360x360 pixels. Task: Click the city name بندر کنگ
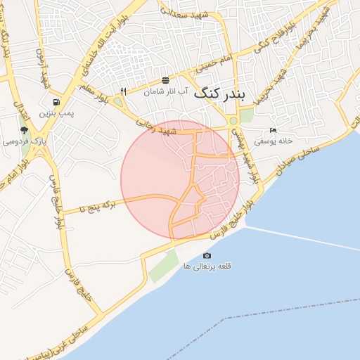pos(219,93)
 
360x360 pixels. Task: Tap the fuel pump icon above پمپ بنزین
pos(56,102)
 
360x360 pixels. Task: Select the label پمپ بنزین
pos(56,112)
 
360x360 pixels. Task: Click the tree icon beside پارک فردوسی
pos(25,130)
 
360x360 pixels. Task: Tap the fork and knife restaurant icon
pos(124,91)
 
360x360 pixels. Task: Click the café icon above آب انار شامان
pos(165,80)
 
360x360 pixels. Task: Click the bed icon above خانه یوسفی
pos(273,130)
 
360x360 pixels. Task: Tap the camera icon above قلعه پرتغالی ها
pos(207,255)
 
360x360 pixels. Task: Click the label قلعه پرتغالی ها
pos(207,266)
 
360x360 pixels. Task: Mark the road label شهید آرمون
pos(43,67)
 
